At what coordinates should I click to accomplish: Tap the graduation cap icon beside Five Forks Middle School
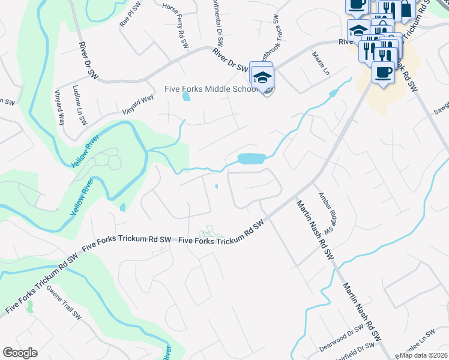[x=262, y=79]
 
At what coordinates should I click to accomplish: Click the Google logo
[x=20, y=353]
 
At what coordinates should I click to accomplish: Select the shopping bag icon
[x=406, y=8]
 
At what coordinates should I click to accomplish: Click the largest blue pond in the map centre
[x=252, y=159]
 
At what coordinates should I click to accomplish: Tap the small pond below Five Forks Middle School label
[x=186, y=97]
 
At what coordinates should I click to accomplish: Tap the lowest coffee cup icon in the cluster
[x=382, y=73]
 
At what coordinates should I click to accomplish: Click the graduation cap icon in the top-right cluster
[x=358, y=29]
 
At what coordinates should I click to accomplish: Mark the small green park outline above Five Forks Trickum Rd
[x=211, y=232]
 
